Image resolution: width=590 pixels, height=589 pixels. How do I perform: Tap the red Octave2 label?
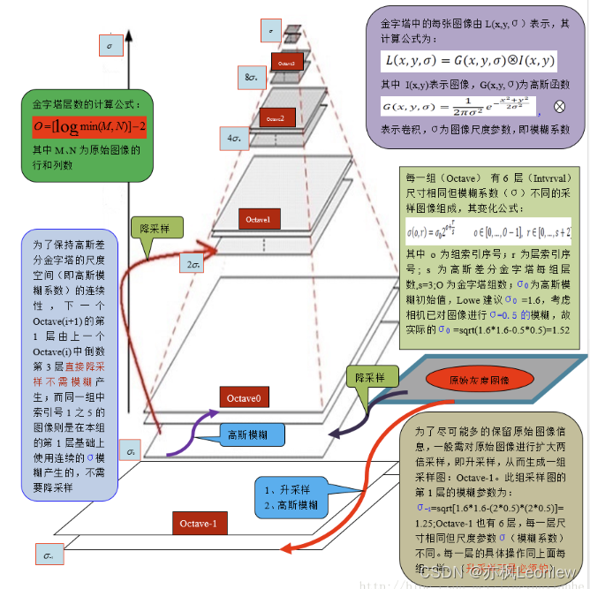(x=275, y=118)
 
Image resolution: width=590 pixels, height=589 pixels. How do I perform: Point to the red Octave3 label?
(x=286, y=63)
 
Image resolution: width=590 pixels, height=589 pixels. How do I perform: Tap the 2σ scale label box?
(x=193, y=263)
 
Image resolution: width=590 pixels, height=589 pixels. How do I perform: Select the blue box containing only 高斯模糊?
(x=251, y=434)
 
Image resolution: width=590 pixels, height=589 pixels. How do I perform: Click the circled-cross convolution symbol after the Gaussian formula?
(x=558, y=106)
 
